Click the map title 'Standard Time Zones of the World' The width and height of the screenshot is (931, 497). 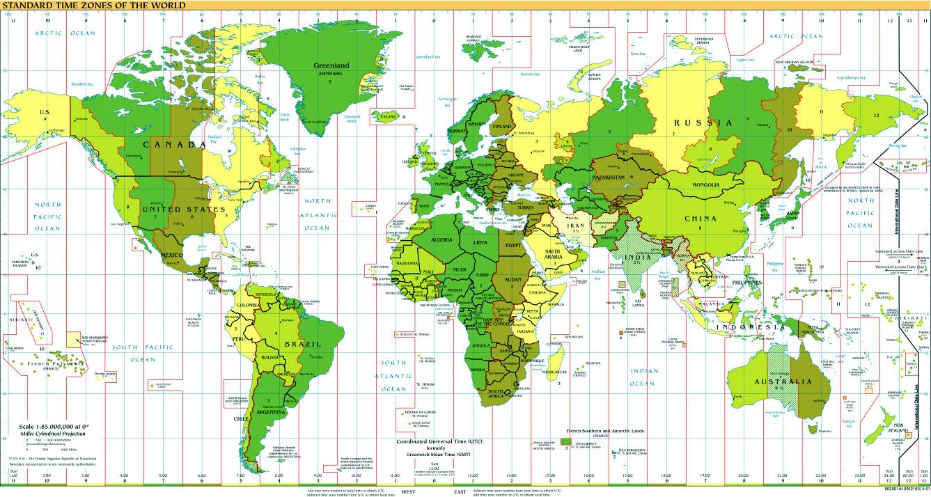(93, 5)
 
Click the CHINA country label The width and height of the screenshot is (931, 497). (701, 218)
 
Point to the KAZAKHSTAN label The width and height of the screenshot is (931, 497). (609, 178)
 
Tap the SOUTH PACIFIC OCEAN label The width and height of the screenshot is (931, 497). (138, 353)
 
